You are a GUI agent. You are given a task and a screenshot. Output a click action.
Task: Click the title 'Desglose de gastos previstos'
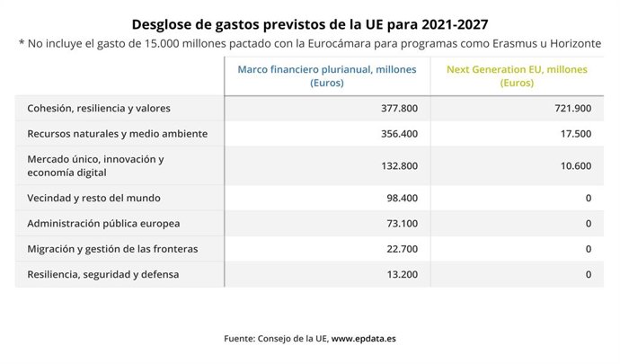coord(310,22)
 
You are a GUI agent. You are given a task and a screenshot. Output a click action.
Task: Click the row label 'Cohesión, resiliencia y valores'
coord(99,108)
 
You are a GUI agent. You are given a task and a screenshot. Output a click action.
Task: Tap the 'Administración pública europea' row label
coord(103,223)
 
